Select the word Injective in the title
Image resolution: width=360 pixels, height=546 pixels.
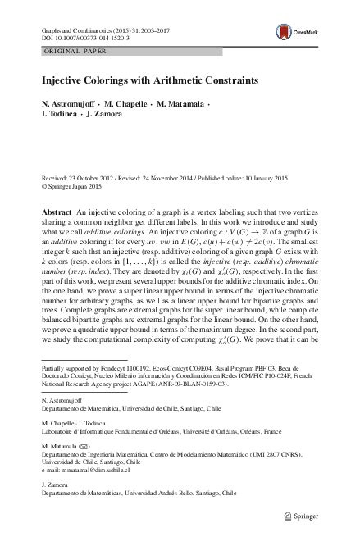coord(62,83)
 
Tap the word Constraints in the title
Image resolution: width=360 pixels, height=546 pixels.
coord(207,83)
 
